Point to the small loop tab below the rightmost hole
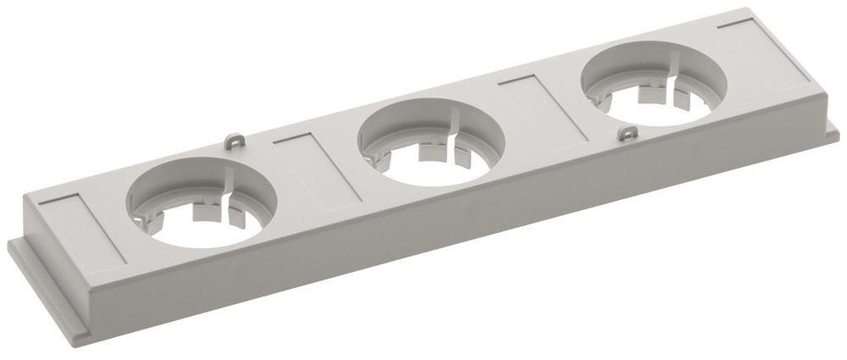click(x=628, y=132)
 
